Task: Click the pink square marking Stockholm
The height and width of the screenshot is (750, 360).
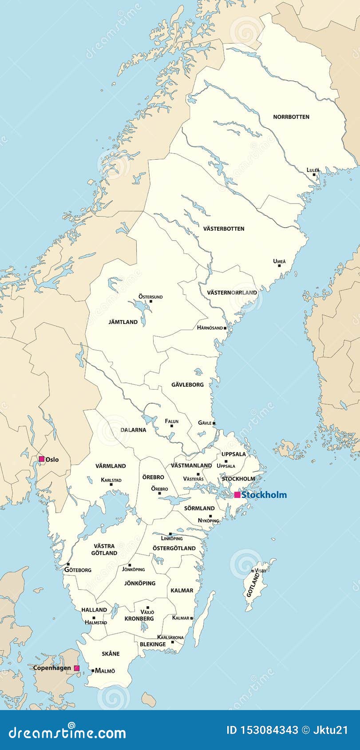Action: [237, 495]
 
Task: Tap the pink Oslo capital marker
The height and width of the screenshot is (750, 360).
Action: [42, 459]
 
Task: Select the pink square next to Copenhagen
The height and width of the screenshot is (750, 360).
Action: [77, 668]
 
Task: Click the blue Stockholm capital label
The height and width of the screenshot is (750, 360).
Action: [264, 495]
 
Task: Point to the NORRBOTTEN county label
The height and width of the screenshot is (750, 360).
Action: [291, 117]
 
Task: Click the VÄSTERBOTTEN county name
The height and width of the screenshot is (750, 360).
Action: [224, 229]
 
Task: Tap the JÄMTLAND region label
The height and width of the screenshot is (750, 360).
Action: [123, 322]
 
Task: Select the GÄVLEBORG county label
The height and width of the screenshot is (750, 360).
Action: [188, 384]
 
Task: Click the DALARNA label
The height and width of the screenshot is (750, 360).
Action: [133, 430]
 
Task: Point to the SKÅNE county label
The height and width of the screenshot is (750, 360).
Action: [111, 654]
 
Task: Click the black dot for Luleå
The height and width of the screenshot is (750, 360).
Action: [314, 175]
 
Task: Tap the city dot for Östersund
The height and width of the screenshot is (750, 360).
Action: [151, 301]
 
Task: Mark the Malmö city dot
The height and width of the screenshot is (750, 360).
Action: [93, 671]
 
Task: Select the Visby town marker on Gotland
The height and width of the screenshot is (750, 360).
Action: [253, 571]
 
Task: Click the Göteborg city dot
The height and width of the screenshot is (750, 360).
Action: [68, 564]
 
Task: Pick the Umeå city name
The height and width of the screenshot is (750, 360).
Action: [280, 261]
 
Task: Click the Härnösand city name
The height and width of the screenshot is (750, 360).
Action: [210, 328]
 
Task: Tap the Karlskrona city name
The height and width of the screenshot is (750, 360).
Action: [170, 637]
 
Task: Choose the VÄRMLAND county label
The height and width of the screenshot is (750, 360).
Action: [111, 466]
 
